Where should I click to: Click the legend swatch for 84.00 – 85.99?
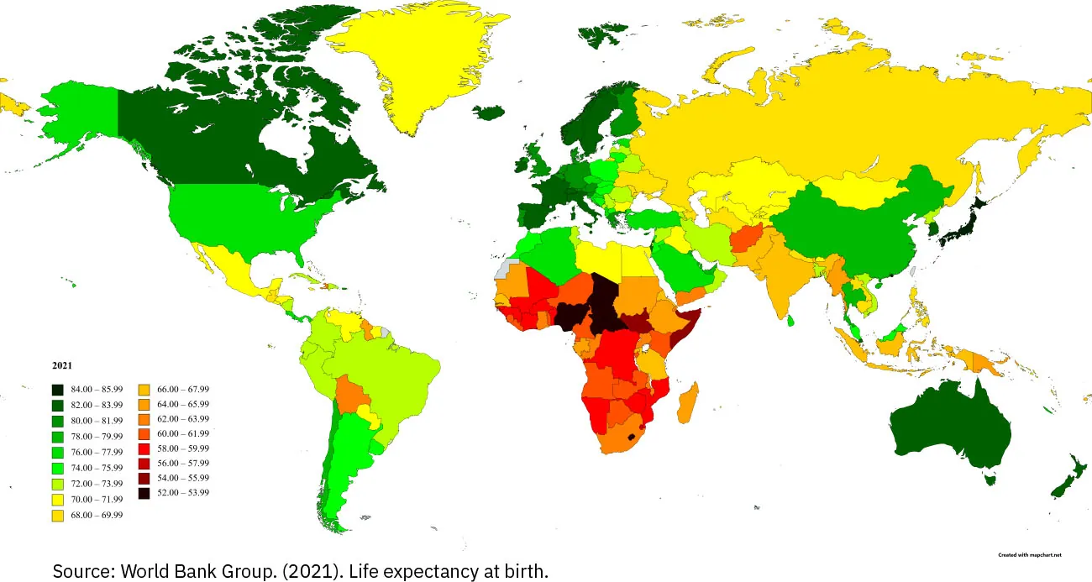coord(57,390)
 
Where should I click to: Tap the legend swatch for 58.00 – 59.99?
coord(142,448)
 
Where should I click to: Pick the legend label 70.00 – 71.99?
coord(98,499)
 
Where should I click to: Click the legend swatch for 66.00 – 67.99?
coord(142,390)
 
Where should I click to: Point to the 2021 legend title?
coord(61,365)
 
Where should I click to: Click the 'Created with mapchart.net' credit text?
coord(1030,555)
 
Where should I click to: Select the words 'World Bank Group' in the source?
coord(172,571)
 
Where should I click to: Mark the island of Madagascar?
coord(686,403)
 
